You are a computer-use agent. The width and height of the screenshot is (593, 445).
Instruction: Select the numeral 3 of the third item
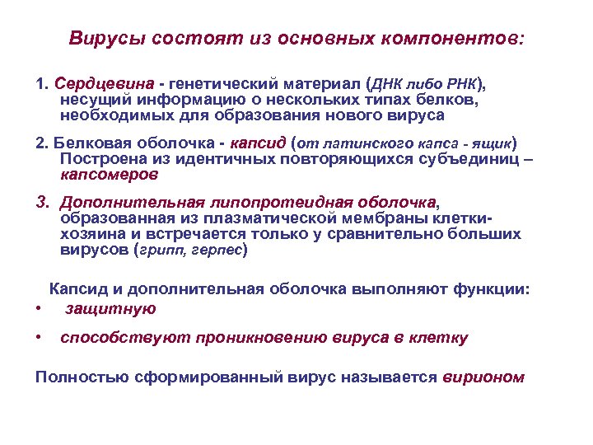tap(40, 202)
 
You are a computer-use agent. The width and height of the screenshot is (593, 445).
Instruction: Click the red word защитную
tap(110, 308)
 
